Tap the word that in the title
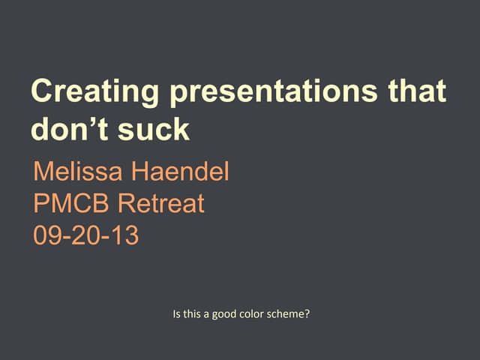(x=416, y=91)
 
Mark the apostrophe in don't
(x=90, y=121)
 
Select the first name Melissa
(x=78, y=173)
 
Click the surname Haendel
(x=180, y=173)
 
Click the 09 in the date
(x=46, y=235)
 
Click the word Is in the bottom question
(x=176, y=314)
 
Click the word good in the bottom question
(x=225, y=314)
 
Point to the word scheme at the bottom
(x=287, y=314)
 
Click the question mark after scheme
(x=307, y=314)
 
